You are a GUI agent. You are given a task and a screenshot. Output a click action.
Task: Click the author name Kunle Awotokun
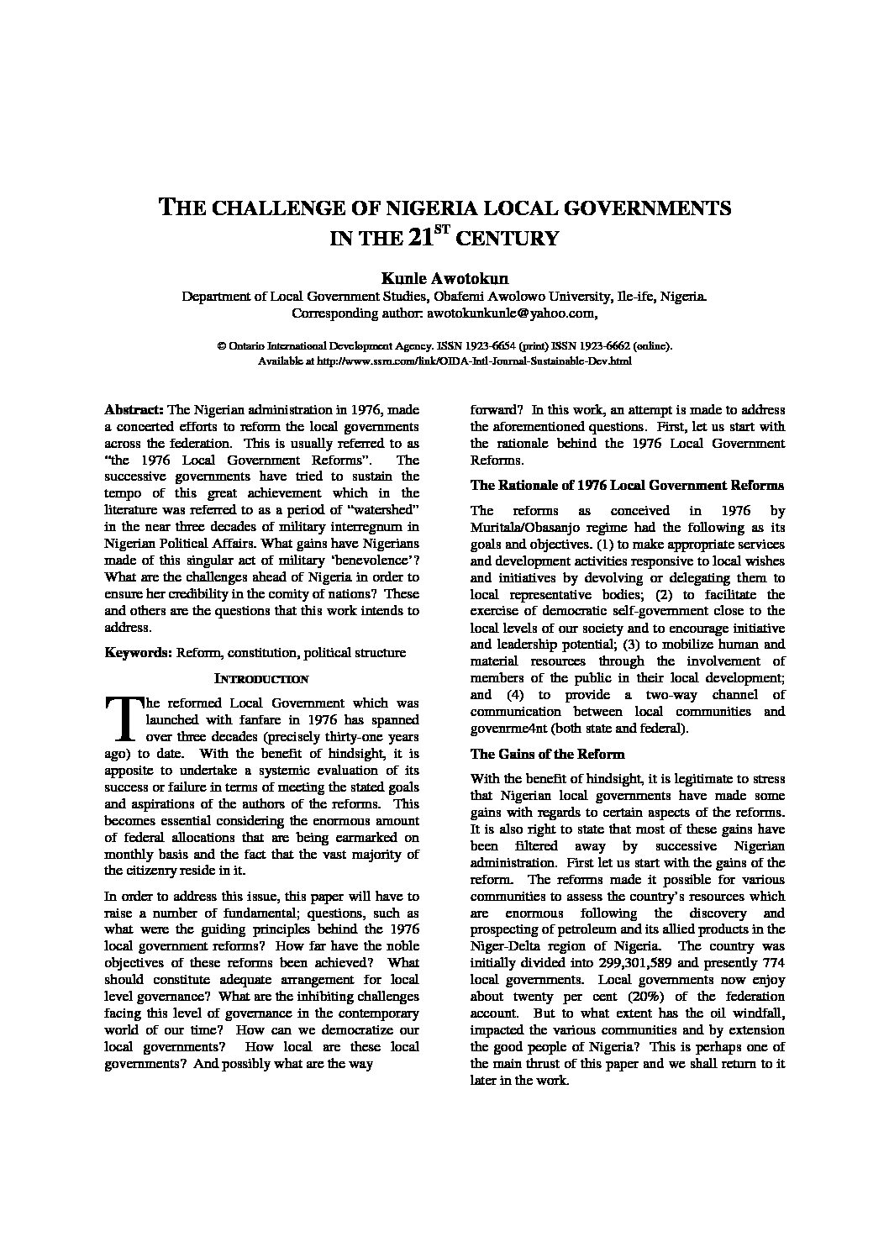click(x=444, y=277)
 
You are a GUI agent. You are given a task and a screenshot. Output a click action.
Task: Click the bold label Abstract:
click(x=134, y=410)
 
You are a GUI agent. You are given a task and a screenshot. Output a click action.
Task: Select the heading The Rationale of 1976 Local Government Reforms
click(x=627, y=485)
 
